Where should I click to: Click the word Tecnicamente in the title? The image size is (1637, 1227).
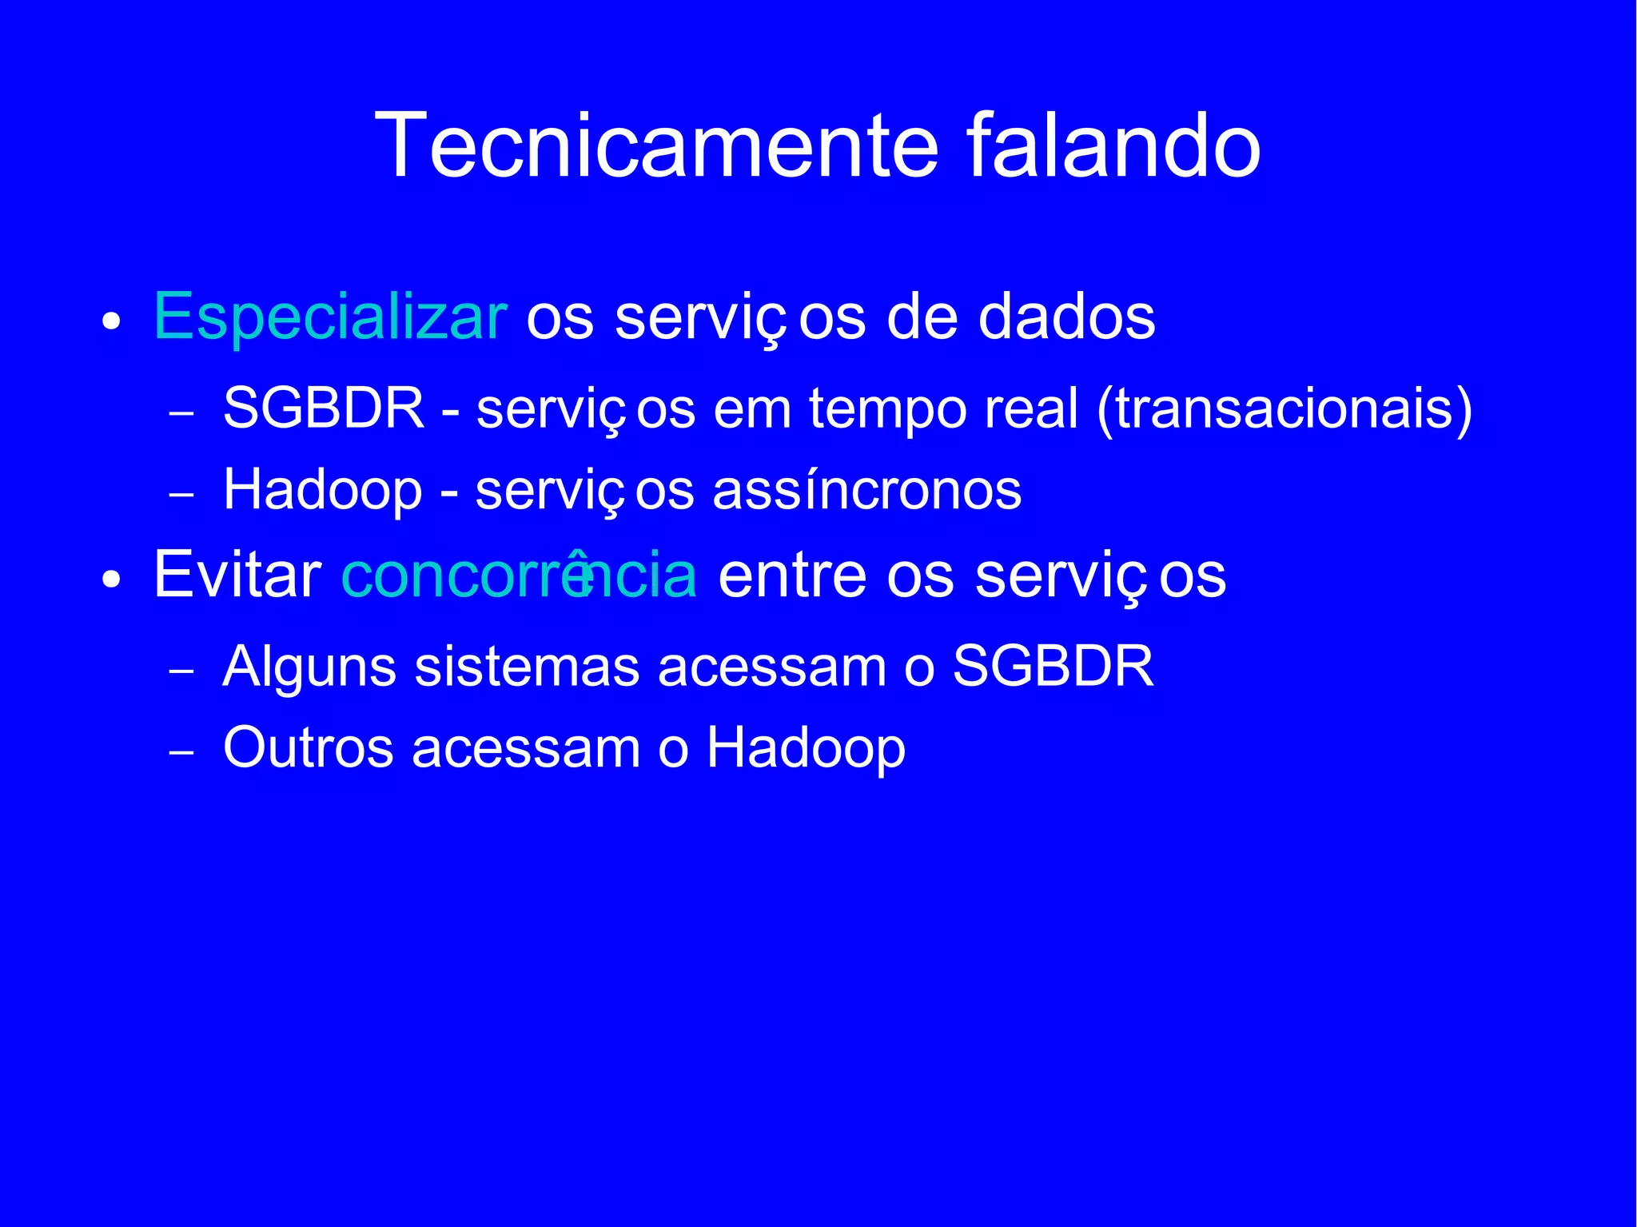[655, 146]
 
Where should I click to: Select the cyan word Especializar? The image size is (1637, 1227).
[329, 318]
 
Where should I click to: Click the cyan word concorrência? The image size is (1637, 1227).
[519, 575]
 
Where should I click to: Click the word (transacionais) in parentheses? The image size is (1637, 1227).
[1285, 408]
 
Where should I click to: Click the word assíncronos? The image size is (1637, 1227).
[866, 490]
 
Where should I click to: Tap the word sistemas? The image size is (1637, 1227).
[527, 667]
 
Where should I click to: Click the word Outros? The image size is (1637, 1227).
[309, 747]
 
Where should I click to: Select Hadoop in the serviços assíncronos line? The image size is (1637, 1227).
[323, 490]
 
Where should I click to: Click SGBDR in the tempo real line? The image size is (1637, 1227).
[324, 408]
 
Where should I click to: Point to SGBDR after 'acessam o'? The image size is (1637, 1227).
[1053, 666]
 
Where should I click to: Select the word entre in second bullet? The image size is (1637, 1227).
[791, 575]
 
